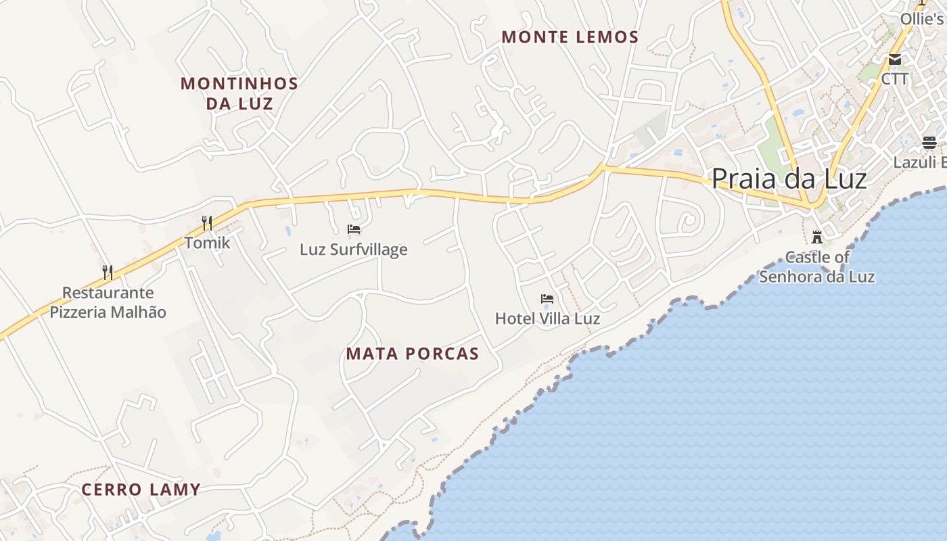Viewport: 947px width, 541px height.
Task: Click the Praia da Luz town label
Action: pos(789,179)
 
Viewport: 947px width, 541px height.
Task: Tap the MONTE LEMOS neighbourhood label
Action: pos(570,37)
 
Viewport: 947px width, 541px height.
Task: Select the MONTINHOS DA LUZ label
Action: pos(239,93)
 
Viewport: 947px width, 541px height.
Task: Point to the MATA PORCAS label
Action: pos(413,353)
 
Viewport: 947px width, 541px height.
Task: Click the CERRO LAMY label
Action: pos(141,490)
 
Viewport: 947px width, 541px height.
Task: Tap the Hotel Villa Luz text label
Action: pos(547,318)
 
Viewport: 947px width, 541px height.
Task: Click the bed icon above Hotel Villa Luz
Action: pos(547,299)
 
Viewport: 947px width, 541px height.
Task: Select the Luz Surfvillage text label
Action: pos(354,250)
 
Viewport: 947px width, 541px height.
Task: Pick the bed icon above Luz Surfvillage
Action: pos(354,230)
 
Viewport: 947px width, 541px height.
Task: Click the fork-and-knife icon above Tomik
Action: pos(208,222)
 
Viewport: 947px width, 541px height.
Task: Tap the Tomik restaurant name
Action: pos(208,243)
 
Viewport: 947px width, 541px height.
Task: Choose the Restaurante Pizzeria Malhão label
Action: pos(108,302)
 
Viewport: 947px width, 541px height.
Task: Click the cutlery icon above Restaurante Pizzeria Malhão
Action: pos(108,272)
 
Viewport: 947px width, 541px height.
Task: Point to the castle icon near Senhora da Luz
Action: pos(817,237)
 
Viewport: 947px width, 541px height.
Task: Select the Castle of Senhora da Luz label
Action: pos(817,267)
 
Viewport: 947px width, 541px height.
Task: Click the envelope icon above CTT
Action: pos(895,60)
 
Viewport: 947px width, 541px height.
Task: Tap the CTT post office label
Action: pos(895,79)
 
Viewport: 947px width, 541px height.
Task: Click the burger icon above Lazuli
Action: pos(929,143)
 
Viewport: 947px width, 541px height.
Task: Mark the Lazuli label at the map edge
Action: pos(919,162)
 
